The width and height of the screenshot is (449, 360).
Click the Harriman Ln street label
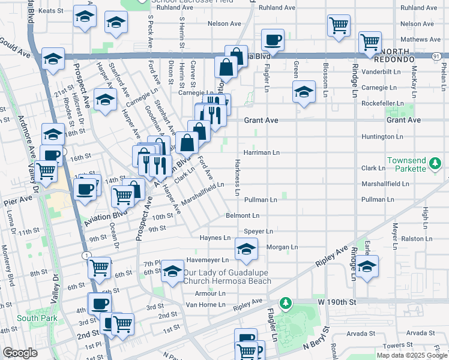[x=261, y=152]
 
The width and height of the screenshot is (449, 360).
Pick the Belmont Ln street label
[x=243, y=215]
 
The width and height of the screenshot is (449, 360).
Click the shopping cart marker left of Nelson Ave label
[x=339, y=25]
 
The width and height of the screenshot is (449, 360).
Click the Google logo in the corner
[x=20, y=353]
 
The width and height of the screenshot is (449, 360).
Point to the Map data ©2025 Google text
[x=411, y=355]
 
